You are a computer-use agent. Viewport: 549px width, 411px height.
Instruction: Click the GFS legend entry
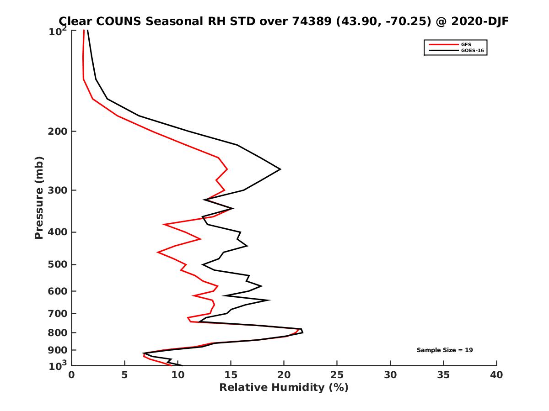(x=466, y=45)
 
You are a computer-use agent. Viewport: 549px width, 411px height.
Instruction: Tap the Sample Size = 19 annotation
(x=445, y=350)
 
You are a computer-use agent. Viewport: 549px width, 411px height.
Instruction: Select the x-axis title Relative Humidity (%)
(x=284, y=388)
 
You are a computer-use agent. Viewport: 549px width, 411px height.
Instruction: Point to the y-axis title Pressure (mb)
(x=39, y=198)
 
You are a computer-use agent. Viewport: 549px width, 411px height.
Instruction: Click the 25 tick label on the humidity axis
(x=337, y=375)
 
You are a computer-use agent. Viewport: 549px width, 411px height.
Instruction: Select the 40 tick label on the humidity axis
(x=496, y=375)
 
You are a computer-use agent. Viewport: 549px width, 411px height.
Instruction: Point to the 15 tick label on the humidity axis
(x=231, y=375)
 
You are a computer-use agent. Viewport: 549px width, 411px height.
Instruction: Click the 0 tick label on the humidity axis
(x=71, y=375)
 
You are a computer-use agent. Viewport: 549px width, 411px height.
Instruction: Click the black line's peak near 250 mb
(x=280, y=169)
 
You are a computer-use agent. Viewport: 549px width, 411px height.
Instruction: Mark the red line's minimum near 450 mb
(x=158, y=252)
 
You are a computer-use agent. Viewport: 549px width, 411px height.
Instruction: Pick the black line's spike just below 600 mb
(x=269, y=300)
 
